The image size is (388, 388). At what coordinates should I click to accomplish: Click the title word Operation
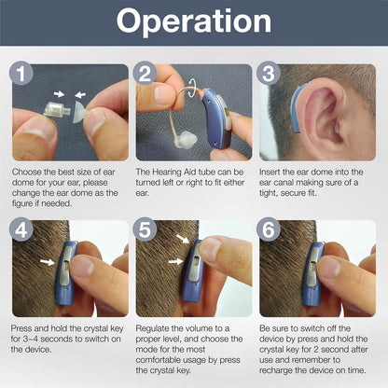(x=194, y=21)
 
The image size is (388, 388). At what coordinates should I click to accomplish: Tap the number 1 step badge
(x=21, y=74)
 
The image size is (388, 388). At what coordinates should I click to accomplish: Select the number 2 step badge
(x=145, y=74)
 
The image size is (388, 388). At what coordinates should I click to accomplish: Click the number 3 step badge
(x=269, y=74)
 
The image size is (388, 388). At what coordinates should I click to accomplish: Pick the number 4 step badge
(x=21, y=229)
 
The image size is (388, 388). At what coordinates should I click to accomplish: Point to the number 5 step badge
(x=145, y=229)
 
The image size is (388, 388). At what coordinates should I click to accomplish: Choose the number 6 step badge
(x=269, y=229)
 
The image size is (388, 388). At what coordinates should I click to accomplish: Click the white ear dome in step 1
(x=79, y=112)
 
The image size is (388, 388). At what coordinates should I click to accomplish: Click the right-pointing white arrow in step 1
(x=59, y=93)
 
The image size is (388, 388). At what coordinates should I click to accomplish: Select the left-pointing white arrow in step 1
(x=80, y=94)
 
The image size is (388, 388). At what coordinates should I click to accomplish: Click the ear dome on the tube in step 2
(x=186, y=139)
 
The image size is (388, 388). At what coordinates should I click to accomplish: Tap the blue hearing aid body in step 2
(x=217, y=118)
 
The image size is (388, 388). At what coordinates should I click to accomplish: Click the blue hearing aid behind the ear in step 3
(x=297, y=107)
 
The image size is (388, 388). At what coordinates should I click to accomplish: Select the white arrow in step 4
(x=48, y=262)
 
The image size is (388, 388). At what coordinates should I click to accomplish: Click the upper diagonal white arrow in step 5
(x=183, y=239)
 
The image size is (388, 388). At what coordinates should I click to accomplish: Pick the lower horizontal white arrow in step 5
(x=175, y=261)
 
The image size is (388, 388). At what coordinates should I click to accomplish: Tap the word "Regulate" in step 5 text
(x=152, y=328)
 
